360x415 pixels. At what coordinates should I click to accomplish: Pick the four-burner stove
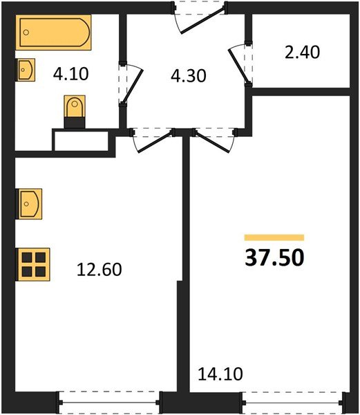click(33, 264)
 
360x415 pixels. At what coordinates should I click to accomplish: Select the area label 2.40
click(302, 53)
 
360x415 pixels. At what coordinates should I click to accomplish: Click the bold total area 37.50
click(274, 257)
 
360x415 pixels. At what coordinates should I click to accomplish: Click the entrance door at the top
click(200, 15)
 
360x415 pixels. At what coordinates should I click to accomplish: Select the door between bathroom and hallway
click(131, 84)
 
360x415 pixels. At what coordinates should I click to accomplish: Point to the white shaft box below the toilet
click(82, 140)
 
